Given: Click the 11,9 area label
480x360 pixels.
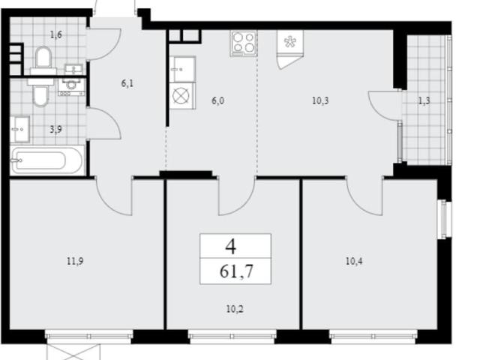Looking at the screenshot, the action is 75,262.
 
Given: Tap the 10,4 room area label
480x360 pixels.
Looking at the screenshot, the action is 354,262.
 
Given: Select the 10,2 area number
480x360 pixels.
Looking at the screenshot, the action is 235,309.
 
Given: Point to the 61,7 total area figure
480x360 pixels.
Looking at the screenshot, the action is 236,271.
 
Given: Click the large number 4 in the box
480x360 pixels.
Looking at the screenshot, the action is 231,247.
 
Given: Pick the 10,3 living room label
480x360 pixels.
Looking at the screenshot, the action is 320,100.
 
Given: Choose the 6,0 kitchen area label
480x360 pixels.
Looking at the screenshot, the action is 217,100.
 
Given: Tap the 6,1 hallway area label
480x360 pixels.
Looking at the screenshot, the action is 127,83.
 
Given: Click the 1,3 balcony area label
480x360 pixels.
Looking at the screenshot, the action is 424,100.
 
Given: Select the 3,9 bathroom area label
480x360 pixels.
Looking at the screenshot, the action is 56,130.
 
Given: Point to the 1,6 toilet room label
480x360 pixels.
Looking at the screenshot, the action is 56,34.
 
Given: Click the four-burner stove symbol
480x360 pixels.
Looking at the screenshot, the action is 244,43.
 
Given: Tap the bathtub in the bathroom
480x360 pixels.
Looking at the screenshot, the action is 47,160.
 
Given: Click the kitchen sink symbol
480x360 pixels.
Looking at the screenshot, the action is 182,69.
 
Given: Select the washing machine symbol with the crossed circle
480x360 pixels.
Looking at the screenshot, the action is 182,96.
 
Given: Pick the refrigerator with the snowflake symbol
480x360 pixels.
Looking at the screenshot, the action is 290,49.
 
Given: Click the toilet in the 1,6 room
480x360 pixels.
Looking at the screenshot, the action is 43,61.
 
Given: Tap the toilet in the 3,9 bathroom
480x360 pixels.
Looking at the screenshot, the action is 40,91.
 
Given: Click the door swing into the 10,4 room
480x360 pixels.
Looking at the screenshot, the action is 364,196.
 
